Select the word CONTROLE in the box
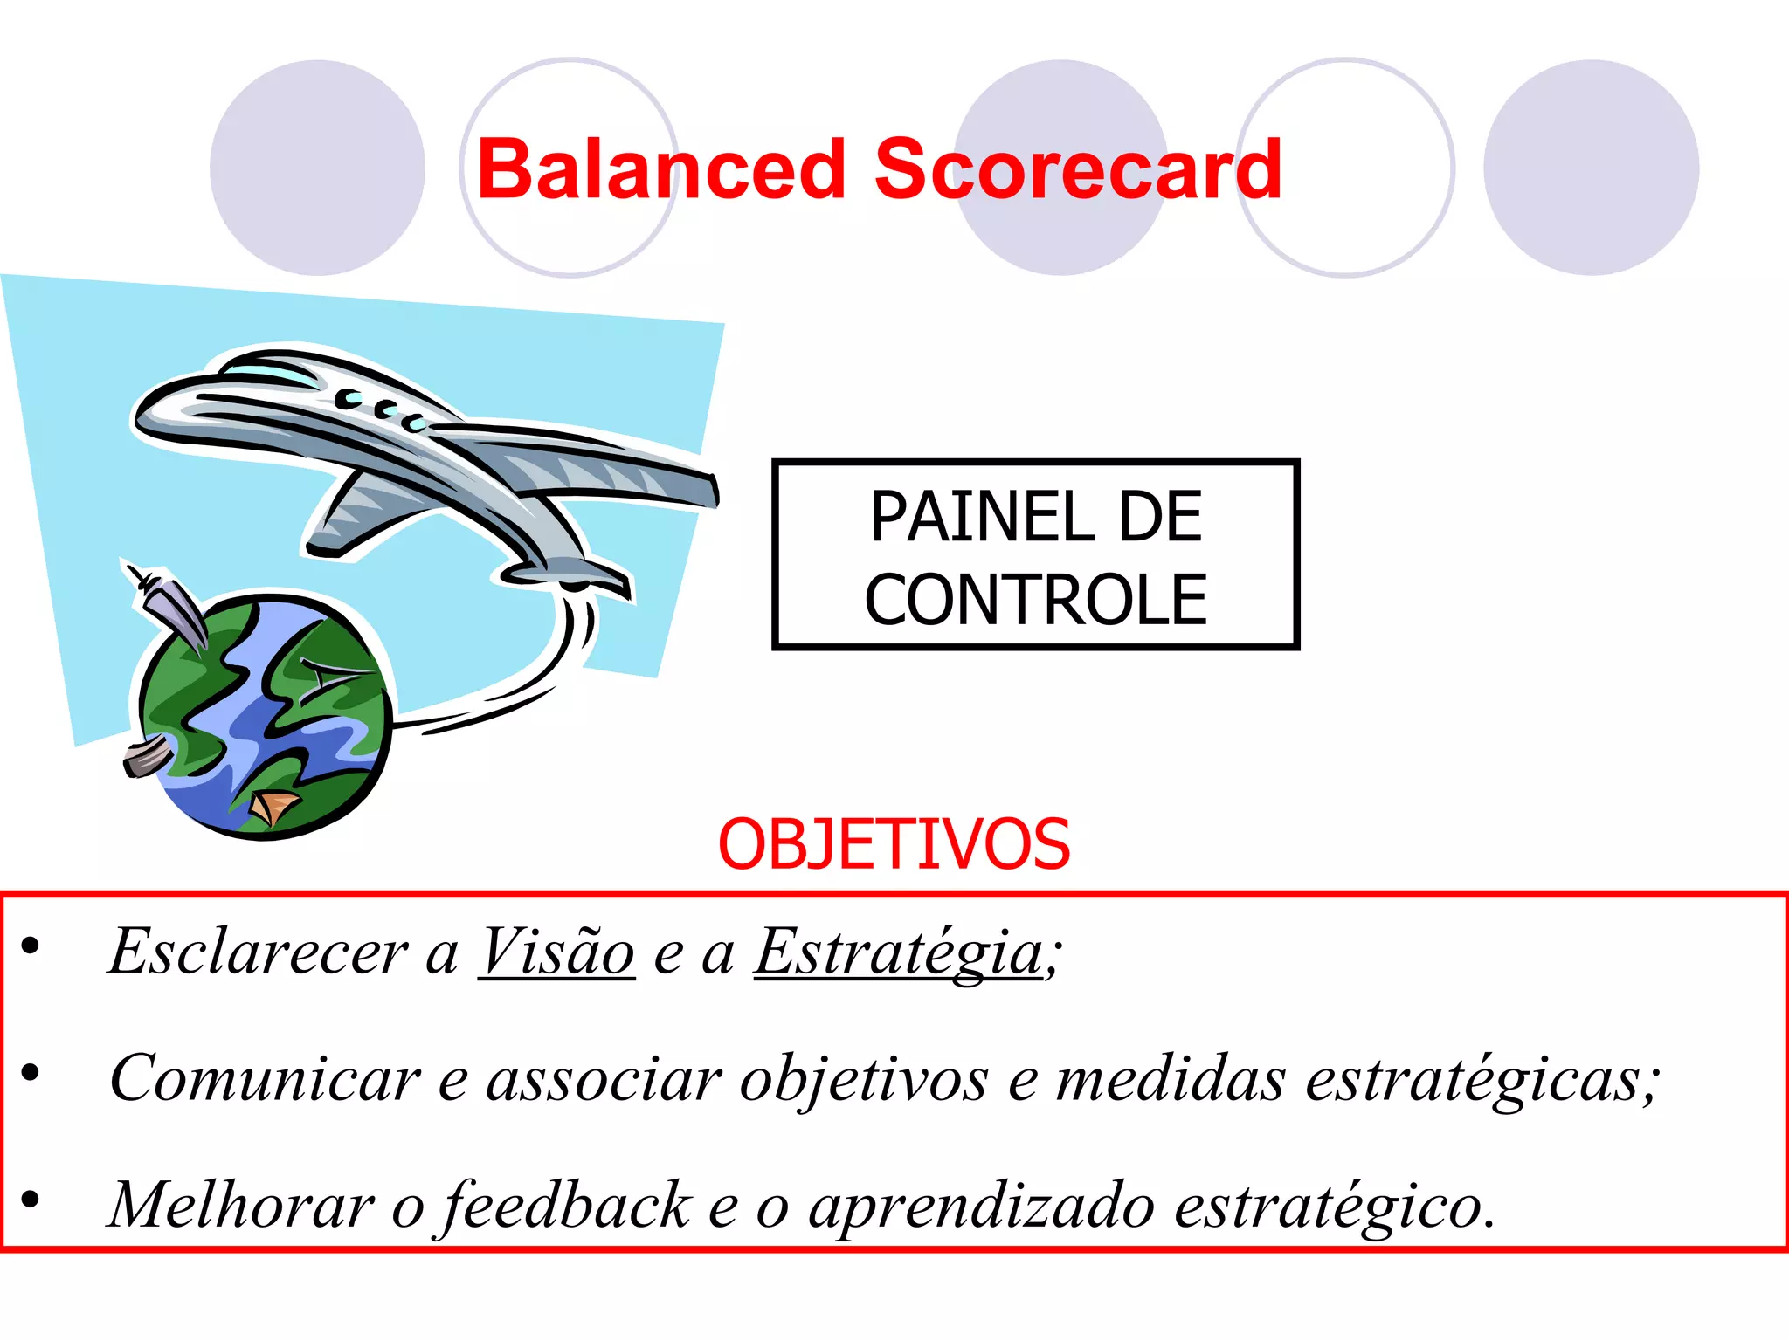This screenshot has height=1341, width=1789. coord(1035,600)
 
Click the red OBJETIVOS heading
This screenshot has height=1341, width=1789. coord(894,844)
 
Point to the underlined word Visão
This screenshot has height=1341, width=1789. coord(556,952)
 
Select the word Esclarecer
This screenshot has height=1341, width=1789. coord(259,952)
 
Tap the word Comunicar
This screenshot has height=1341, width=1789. coord(265,1079)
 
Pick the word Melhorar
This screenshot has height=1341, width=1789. coord(240,1206)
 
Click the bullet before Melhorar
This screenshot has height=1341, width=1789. coord(31,1200)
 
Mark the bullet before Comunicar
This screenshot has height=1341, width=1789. coord(31,1072)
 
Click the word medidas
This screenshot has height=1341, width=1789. coord(1171,1079)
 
